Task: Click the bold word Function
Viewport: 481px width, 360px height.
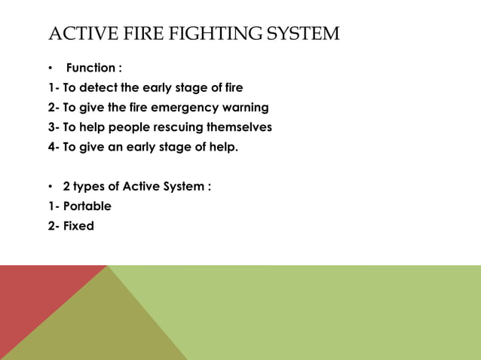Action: [x=90, y=69]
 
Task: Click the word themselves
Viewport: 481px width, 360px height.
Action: [x=240, y=127]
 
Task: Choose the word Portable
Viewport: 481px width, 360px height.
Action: [x=87, y=206]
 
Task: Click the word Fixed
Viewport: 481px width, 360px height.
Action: [x=78, y=225]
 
